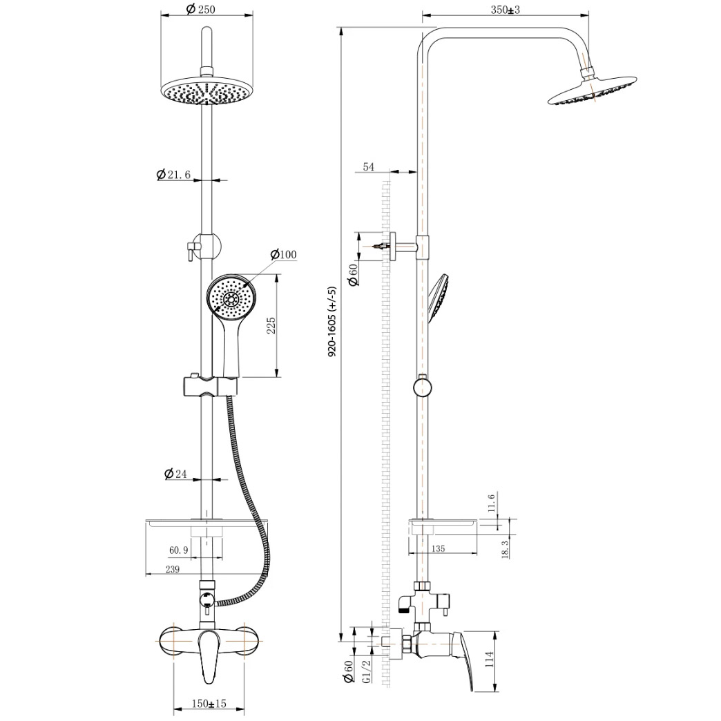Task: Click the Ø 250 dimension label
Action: point(201,9)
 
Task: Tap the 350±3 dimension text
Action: point(505,10)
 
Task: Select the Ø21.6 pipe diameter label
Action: point(173,175)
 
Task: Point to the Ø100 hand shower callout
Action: point(283,254)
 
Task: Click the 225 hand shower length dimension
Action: point(271,325)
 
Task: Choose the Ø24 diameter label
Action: point(175,474)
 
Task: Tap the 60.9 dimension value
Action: point(179,550)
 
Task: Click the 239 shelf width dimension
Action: point(172,569)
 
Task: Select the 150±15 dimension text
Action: point(209,704)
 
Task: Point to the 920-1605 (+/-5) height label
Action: point(332,321)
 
